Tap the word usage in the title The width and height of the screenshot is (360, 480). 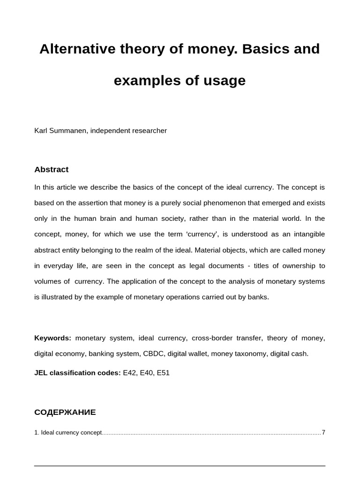(x=224, y=81)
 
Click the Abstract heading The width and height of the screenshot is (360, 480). (x=52, y=169)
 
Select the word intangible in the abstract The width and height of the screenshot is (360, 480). (x=306, y=234)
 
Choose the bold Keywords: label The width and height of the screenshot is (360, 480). (x=53, y=338)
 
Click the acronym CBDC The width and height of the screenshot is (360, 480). (x=152, y=353)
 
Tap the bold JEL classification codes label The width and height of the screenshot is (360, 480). (x=77, y=373)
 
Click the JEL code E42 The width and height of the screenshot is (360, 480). (x=129, y=373)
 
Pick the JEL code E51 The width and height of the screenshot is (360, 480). (x=163, y=373)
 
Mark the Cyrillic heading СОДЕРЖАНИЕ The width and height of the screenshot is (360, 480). (x=65, y=412)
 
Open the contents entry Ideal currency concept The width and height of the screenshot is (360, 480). (x=71, y=432)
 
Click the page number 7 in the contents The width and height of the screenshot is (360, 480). (x=323, y=432)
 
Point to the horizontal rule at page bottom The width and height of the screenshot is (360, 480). (x=180, y=465)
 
